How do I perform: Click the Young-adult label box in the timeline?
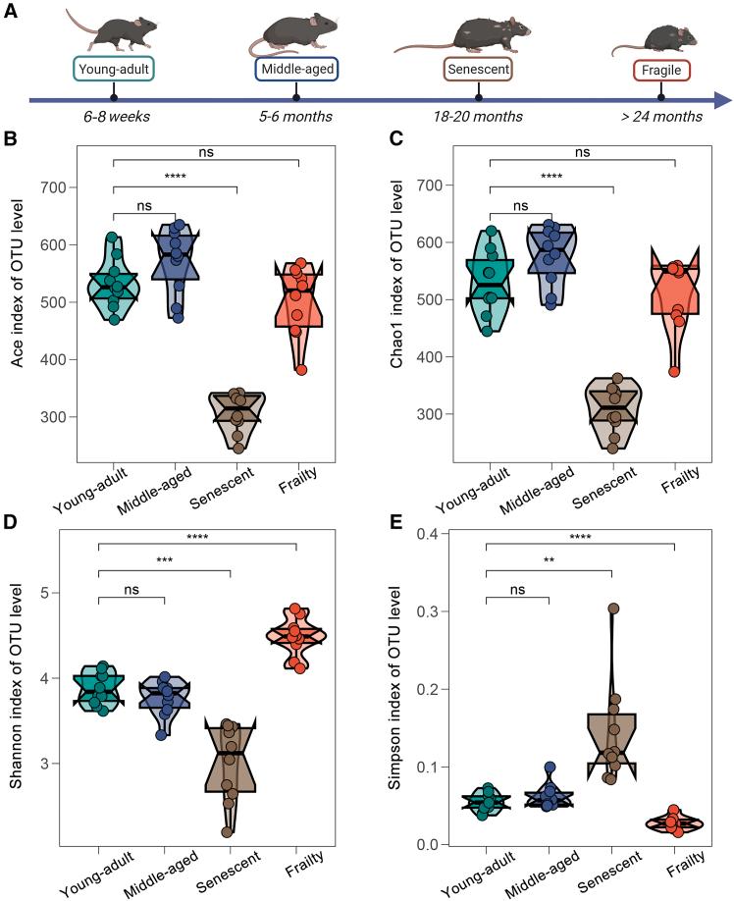click(x=114, y=70)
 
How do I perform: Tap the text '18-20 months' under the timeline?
click(x=478, y=117)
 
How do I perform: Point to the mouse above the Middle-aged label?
click(x=297, y=32)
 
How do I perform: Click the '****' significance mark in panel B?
click(x=176, y=178)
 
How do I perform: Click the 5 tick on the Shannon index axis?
click(x=60, y=593)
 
